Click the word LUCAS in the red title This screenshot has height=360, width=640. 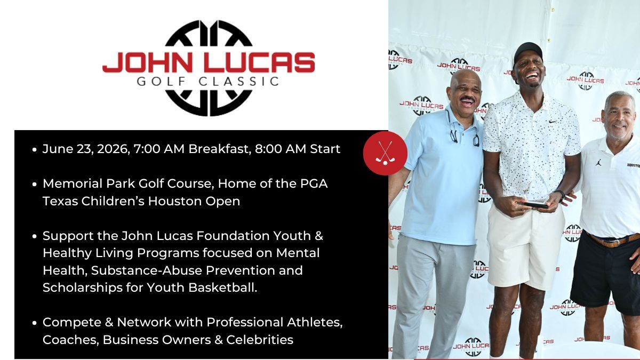pyautogui.click(x=260, y=62)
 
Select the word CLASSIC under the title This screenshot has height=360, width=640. pyautogui.click(x=239, y=82)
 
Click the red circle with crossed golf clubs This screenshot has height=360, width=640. pyautogui.click(x=385, y=153)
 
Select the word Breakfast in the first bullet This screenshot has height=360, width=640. pyautogui.click(x=219, y=149)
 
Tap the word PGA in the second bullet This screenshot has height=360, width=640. pyautogui.click(x=314, y=183)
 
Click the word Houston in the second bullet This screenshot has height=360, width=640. pyautogui.click(x=175, y=201)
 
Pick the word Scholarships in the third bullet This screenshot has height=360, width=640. pyautogui.click(x=83, y=287)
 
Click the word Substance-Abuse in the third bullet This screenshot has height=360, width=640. pyautogui.click(x=147, y=270)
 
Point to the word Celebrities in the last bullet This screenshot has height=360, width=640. pyautogui.click(x=260, y=340)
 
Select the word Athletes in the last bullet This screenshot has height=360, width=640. pyautogui.click(x=315, y=322)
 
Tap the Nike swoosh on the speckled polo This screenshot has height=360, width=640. pyautogui.click(x=553, y=122)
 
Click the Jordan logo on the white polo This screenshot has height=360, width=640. pyautogui.click(x=598, y=163)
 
